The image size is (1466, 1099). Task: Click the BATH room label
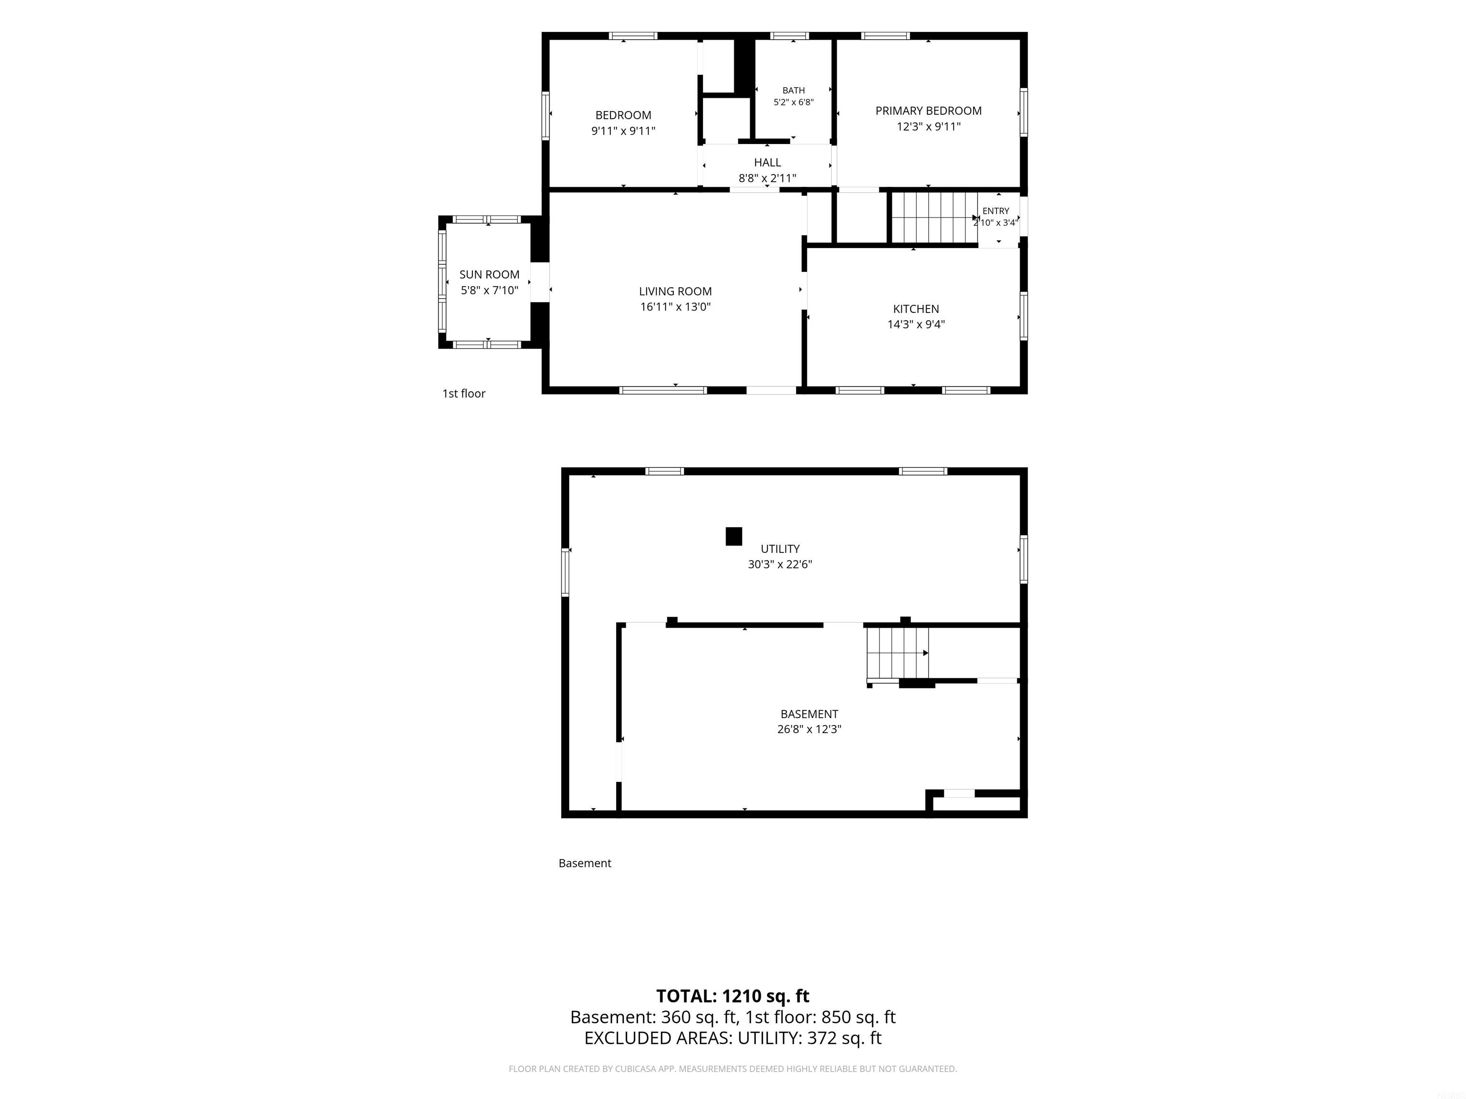(793, 90)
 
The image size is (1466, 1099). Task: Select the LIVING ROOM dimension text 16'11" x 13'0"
(675, 307)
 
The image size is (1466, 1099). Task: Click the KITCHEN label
(916, 309)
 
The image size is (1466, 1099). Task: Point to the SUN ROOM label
(489, 274)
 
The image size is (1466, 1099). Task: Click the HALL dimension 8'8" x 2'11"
(767, 177)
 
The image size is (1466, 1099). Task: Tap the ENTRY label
(995, 211)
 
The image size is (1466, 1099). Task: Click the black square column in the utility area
(733, 536)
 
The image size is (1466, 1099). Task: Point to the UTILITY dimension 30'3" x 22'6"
(780, 564)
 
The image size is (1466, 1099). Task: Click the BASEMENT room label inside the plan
(809, 714)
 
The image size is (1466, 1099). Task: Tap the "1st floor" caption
(464, 394)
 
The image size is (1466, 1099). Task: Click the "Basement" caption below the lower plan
(585, 863)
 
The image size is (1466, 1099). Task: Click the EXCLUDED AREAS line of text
(733, 1038)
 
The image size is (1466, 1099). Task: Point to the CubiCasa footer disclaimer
(733, 1068)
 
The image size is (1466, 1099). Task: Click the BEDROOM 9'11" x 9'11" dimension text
(623, 131)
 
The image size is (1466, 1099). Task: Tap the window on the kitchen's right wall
(1024, 316)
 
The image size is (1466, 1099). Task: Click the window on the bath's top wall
(789, 36)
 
